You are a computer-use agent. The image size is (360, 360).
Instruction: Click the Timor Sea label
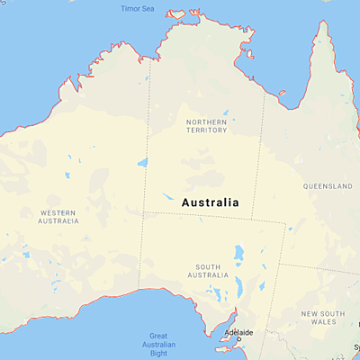click(138, 9)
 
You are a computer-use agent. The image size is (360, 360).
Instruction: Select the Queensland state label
click(328, 186)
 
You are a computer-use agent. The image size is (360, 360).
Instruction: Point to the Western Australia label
click(58, 216)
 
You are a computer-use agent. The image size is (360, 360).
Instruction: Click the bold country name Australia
click(211, 202)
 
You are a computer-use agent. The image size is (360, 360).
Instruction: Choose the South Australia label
click(208, 270)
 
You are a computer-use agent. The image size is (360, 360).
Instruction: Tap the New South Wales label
click(323, 316)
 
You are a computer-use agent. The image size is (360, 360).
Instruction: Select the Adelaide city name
click(238, 332)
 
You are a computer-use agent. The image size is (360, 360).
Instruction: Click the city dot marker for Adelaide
click(238, 339)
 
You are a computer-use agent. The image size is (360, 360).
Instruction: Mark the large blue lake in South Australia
click(238, 255)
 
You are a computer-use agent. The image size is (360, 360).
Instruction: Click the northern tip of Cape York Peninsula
click(319, 25)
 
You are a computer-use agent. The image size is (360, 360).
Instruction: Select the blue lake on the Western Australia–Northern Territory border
click(142, 163)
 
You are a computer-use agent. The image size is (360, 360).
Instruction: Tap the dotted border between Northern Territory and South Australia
click(198, 214)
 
